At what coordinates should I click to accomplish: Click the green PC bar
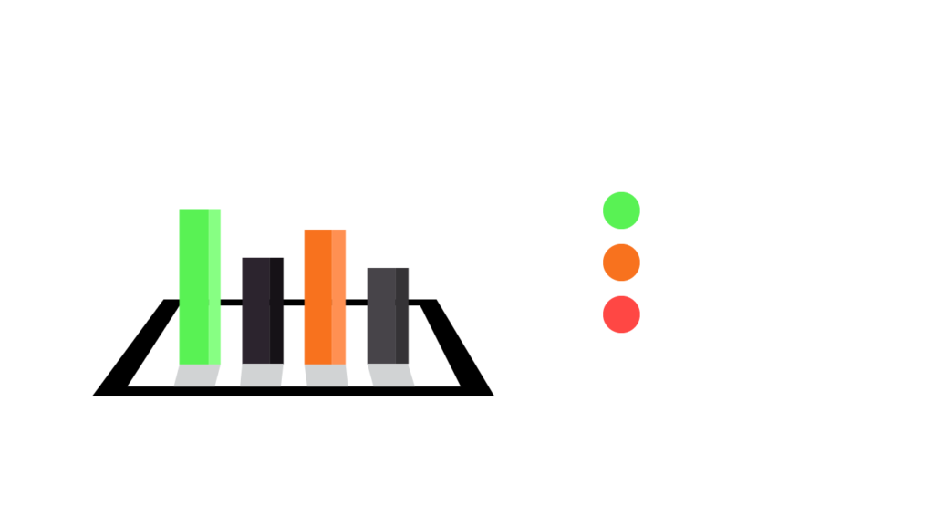(200, 286)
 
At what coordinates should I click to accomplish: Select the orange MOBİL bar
(325, 296)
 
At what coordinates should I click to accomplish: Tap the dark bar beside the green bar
(263, 310)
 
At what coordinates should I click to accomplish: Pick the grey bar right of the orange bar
(388, 315)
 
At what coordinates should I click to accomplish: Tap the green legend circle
(621, 211)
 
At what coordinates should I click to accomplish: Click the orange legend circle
(621, 262)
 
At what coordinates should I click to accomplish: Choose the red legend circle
(621, 314)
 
